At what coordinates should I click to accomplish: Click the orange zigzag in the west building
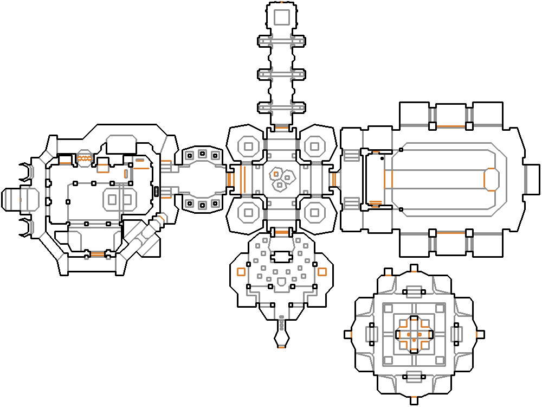[x=84, y=158]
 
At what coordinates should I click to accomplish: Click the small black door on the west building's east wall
[x=157, y=191]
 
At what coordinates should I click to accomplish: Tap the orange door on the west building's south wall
[x=98, y=254]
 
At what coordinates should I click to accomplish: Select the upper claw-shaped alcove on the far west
[x=25, y=172]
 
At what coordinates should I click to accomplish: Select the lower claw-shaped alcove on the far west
[x=25, y=228]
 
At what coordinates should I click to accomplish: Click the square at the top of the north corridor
[x=281, y=17]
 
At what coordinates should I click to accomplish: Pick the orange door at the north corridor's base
[x=281, y=128]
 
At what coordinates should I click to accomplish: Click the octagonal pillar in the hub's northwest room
[x=249, y=145]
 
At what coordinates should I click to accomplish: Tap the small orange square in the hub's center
[x=276, y=174]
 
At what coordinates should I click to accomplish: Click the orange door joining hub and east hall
[x=333, y=179]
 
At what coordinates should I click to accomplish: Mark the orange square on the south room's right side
[x=322, y=272]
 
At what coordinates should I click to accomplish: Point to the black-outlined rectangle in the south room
[x=281, y=256]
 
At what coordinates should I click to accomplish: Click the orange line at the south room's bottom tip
[x=281, y=346]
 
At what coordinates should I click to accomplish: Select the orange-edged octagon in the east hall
[x=491, y=179]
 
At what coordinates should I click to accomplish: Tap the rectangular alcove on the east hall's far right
[x=532, y=179]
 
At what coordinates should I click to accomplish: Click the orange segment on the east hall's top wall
[x=450, y=126]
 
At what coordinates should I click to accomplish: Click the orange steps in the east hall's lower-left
[x=375, y=204]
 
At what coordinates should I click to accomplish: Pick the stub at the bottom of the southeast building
[x=414, y=402]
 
